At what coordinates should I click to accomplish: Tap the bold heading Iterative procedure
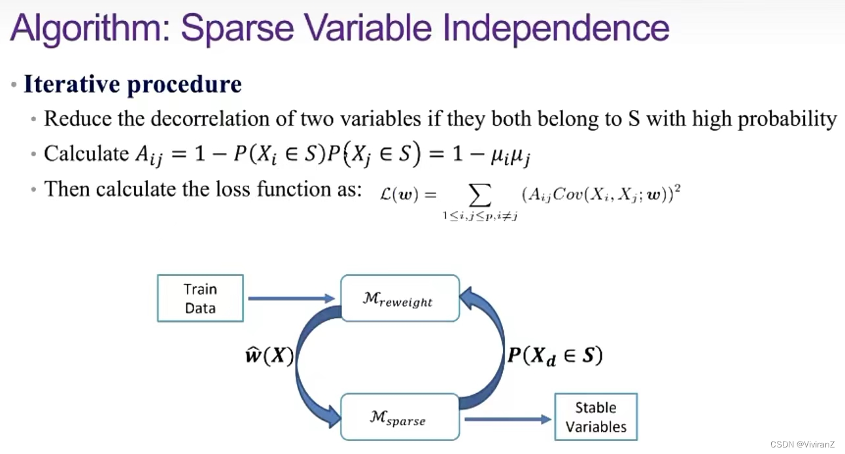pos(133,84)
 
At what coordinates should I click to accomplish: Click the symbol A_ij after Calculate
pos(150,154)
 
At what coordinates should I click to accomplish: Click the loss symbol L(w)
pos(402,194)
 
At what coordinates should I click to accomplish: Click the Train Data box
pos(200,298)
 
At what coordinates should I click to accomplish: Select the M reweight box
pos(400,298)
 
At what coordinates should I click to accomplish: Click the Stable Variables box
pos(595,417)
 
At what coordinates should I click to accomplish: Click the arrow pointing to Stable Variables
pos(508,418)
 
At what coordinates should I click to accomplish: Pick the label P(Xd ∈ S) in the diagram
pos(555,356)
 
